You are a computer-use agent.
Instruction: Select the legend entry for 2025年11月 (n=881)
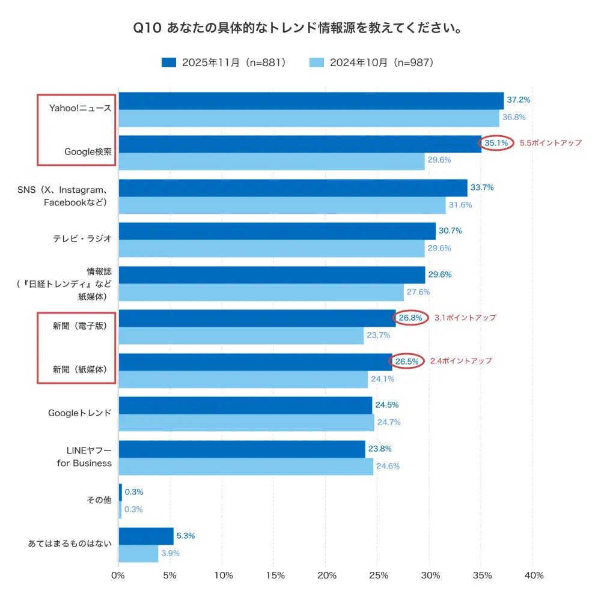[224, 62]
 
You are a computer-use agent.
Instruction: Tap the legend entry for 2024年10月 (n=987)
[371, 62]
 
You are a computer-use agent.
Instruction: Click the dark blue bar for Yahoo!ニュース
[311, 101]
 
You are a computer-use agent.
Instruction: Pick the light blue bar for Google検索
[272, 162]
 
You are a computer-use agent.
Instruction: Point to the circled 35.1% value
[496, 144]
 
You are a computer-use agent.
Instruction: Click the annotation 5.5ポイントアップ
[550, 143]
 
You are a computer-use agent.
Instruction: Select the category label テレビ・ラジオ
[82, 238]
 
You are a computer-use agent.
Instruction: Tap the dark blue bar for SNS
[293, 188]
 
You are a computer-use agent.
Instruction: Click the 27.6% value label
[419, 292]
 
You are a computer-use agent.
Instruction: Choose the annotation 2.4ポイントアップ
[461, 361]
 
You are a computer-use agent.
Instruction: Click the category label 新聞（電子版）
[79, 326]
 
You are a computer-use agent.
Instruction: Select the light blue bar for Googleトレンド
[246, 423]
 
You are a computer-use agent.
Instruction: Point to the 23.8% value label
[380, 449]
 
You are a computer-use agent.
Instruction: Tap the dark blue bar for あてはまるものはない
[146, 536]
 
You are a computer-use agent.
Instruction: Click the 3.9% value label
[170, 553]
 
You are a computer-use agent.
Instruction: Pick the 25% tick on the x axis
[377, 575]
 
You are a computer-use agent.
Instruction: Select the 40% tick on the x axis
[532, 575]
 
